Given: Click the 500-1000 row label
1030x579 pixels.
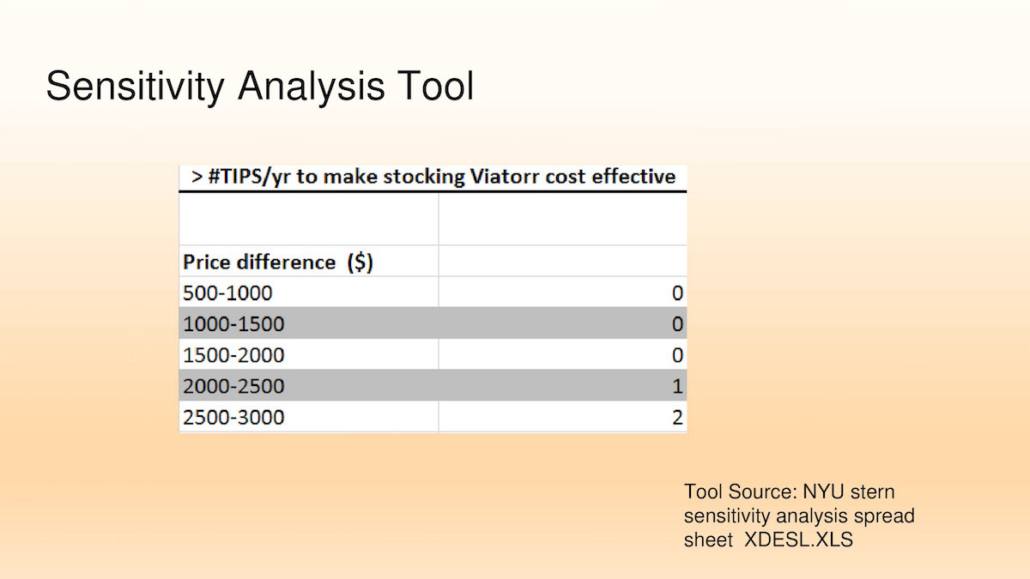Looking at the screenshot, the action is point(227,293).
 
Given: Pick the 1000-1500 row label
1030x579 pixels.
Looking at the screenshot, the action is point(233,324).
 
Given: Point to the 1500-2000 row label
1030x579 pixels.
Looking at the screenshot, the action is point(233,355).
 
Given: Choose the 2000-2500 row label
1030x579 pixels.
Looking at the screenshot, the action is point(233,386).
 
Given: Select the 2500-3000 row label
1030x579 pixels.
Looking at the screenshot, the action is point(233,417).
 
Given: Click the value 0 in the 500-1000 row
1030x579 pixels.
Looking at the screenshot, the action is point(677,293).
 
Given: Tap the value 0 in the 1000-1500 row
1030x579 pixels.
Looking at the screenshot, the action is point(677,324).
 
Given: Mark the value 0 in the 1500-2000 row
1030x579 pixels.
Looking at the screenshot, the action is point(677,355).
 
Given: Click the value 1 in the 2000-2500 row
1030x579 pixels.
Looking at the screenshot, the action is point(677,386).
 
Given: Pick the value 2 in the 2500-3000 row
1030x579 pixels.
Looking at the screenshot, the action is point(677,417).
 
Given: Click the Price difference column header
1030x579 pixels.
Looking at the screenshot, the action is point(278,262).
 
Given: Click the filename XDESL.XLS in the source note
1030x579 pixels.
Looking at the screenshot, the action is point(799,540).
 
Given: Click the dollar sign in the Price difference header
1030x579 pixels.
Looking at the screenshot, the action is point(360,262).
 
